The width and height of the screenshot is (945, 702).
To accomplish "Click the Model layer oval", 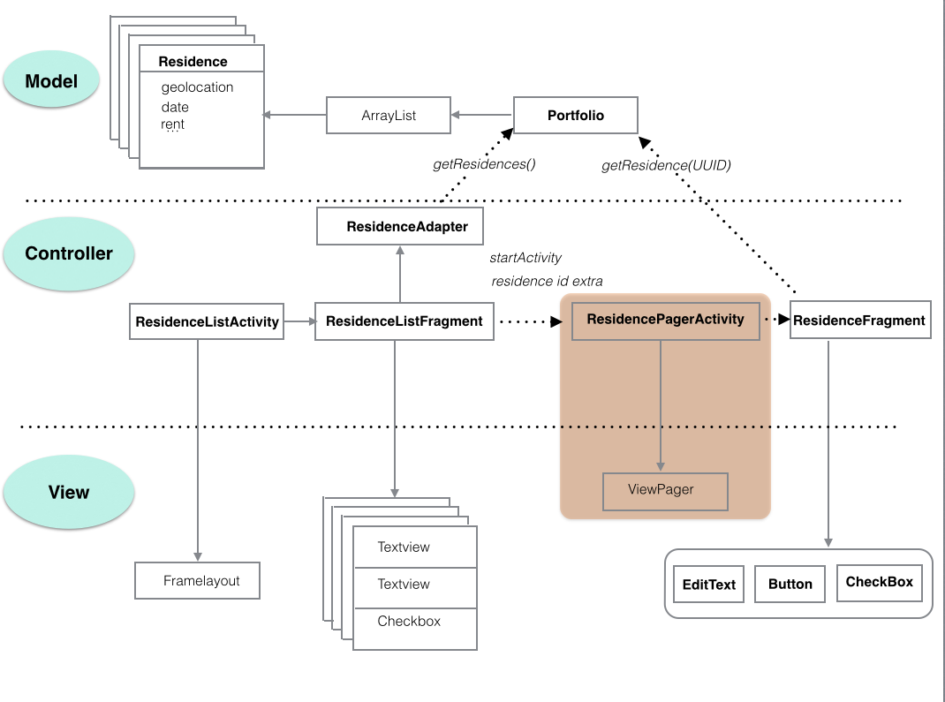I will coord(51,81).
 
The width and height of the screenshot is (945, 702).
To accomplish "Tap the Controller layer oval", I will coord(69,253).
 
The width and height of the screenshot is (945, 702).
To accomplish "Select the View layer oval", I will coord(69,492).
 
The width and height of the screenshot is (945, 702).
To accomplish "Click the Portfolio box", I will coord(575,116).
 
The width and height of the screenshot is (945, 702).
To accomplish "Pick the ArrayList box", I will coord(389,116).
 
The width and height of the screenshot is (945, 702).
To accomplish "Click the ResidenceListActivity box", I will coord(208,322).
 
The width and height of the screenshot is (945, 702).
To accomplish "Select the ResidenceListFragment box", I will coord(404,321).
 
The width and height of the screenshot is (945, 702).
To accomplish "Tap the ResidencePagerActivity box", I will coord(665,320).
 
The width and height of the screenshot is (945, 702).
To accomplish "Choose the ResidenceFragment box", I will coord(858,321).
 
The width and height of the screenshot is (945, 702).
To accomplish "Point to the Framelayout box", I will coord(198,581).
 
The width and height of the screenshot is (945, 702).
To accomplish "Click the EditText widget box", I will coord(709,585).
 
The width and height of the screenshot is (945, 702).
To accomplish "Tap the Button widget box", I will coord(790,585).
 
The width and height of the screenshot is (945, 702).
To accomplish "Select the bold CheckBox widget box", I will coord(879,582).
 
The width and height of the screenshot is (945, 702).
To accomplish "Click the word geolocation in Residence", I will coord(197,87).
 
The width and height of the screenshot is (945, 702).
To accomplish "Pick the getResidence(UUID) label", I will coord(666,165).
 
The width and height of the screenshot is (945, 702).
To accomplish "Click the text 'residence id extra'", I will coord(546,282).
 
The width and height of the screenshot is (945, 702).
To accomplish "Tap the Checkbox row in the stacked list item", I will coord(409,621).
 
